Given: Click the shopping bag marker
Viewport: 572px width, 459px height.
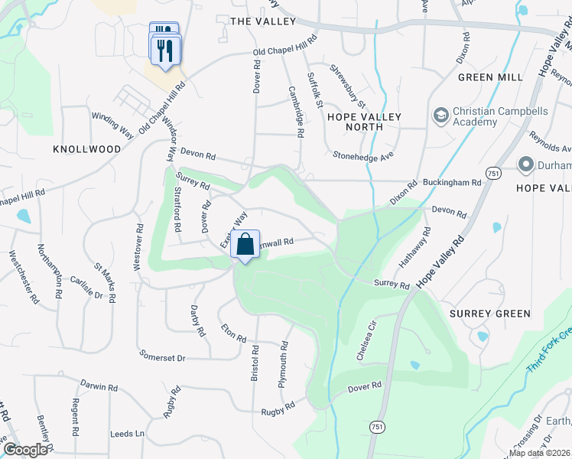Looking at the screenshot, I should (x=245, y=246).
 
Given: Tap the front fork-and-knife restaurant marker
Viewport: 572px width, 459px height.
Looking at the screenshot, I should (x=166, y=50).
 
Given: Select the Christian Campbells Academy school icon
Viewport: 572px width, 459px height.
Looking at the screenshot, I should (x=440, y=116).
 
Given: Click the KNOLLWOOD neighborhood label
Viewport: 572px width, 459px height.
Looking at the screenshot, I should (x=87, y=149).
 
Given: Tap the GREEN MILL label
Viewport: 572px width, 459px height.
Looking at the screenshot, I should (x=490, y=77).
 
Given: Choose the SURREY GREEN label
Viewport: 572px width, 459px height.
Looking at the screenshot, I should (x=490, y=314).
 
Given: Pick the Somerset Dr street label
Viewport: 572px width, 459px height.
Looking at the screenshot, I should (x=162, y=356).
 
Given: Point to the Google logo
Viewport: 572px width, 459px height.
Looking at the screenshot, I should (x=25, y=450).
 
